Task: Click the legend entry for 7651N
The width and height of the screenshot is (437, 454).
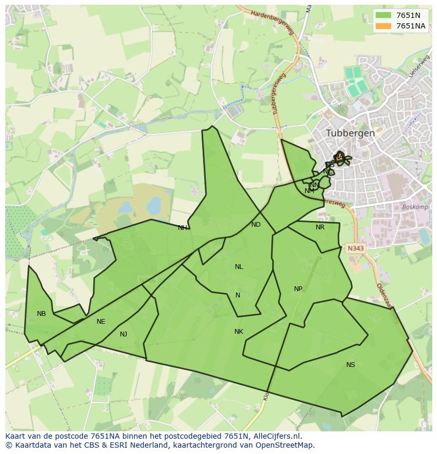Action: click(x=401, y=15)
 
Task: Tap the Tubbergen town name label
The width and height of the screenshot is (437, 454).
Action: click(x=350, y=133)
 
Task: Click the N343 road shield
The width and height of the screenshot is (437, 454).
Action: click(x=355, y=247)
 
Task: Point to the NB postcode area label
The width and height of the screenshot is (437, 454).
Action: click(x=41, y=314)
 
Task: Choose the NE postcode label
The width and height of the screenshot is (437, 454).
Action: click(x=101, y=322)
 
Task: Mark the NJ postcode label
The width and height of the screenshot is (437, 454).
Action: click(x=123, y=334)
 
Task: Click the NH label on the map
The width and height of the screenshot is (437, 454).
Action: click(x=182, y=228)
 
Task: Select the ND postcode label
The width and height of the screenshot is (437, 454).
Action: click(x=256, y=225)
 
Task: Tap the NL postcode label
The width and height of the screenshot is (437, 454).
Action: click(x=239, y=267)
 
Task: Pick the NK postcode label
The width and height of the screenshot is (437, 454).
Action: click(x=239, y=332)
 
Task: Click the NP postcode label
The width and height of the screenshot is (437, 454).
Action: click(x=298, y=289)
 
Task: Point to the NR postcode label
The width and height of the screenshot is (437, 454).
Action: click(x=320, y=227)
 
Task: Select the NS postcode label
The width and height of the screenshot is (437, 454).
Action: click(x=350, y=365)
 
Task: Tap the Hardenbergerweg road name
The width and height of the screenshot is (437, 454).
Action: click(x=272, y=23)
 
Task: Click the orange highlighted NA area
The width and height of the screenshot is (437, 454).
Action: click(x=339, y=157)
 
